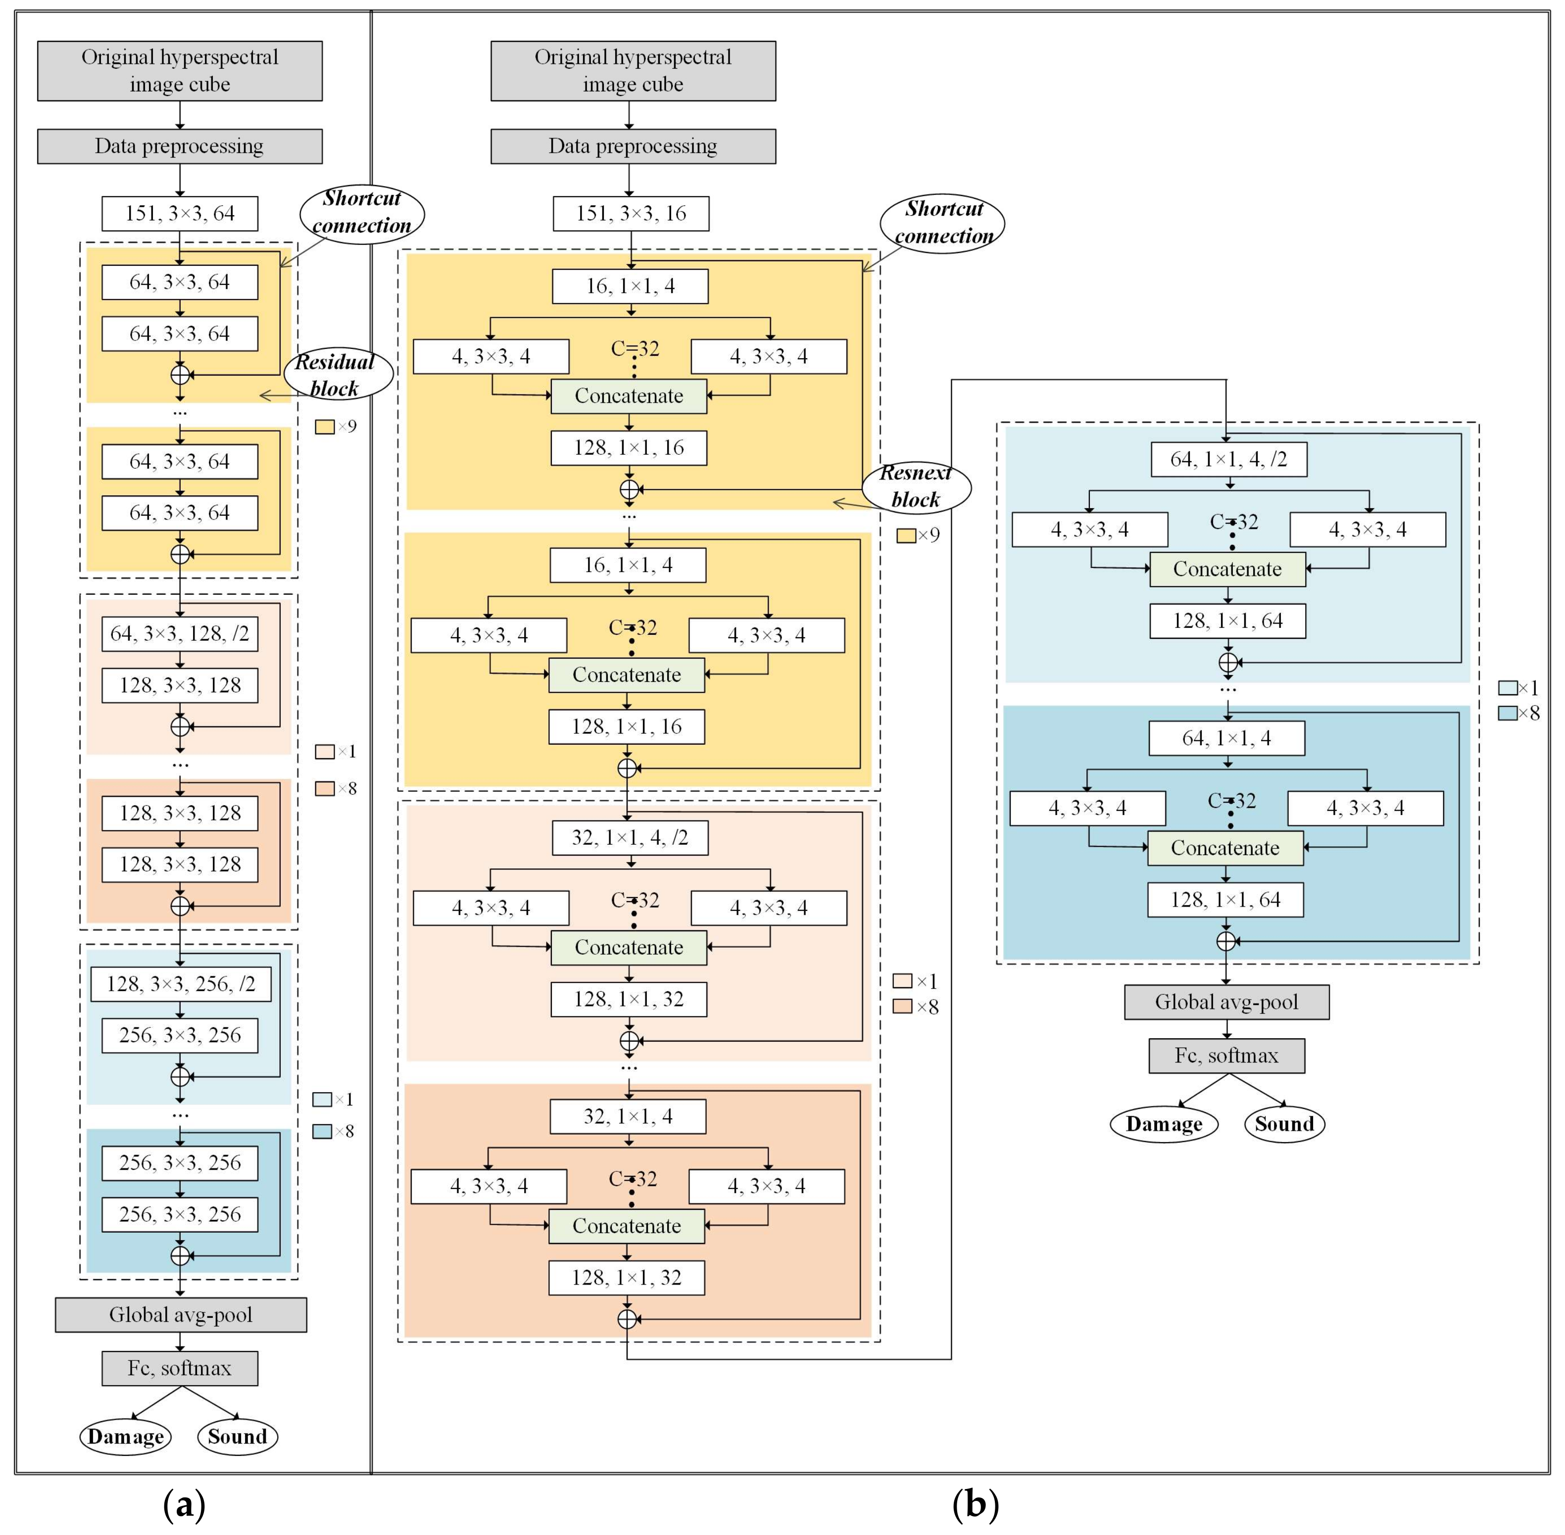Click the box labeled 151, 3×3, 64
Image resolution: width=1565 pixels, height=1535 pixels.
[180, 214]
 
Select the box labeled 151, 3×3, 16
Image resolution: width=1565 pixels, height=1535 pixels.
[631, 214]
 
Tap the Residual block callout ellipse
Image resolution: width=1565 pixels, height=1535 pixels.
[338, 375]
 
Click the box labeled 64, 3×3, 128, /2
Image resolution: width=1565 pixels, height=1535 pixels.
[180, 634]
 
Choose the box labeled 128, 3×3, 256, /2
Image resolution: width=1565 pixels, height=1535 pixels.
[180, 984]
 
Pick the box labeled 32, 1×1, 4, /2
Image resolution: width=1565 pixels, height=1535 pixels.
[630, 838]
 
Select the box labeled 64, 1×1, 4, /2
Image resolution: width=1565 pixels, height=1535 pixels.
[1229, 460]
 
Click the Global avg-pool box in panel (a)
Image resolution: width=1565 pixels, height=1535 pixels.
[181, 1315]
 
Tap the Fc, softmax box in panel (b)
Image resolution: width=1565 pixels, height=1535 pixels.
[1226, 1055]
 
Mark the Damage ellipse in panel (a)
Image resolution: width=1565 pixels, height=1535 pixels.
[126, 1437]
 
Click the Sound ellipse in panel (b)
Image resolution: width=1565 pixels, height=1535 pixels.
[1284, 1124]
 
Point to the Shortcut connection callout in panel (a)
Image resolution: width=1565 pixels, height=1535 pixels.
[361, 212]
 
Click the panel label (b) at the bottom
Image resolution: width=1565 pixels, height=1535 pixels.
[975, 1503]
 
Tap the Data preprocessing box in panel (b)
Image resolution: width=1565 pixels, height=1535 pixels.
[633, 146]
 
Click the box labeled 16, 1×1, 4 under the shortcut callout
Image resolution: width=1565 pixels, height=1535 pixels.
[630, 286]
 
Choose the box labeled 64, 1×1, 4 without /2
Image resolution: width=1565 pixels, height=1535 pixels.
[1226, 738]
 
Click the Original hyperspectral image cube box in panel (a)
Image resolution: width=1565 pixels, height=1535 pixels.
[180, 71]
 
